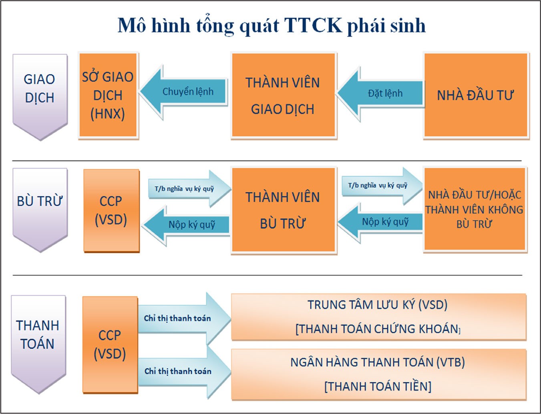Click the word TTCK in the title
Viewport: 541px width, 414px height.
point(313,25)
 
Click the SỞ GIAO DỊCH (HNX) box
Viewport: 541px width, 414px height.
point(108,95)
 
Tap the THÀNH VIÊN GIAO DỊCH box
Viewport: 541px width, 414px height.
point(284,95)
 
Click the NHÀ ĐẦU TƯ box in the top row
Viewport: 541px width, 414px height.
point(476,95)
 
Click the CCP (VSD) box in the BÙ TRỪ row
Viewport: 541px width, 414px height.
point(111,210)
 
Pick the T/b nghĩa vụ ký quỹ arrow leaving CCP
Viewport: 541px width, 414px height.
point(189,188)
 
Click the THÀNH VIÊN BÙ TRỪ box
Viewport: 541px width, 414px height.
point(284,210)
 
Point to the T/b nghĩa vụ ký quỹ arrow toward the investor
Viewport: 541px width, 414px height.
point(382,186)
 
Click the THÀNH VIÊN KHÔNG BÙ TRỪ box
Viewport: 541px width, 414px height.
point(475,209)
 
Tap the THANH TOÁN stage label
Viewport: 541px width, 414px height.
point(38,344)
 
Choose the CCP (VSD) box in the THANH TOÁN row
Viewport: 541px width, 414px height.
point(110,345)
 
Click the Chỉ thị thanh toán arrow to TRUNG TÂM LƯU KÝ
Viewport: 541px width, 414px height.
point(185,318)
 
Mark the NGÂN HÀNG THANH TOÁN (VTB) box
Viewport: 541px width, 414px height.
point(378,374)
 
